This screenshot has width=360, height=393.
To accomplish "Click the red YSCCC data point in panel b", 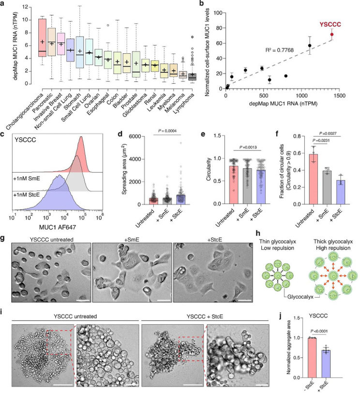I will point(332,34).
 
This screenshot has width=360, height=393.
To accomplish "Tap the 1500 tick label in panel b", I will point(339,96).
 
